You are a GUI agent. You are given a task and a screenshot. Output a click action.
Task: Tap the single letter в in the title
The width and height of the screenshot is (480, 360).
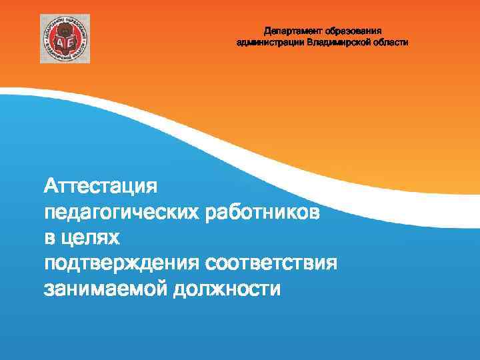click(49, 238)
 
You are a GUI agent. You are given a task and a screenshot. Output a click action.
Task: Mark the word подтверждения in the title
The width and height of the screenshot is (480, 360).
click(121, 264)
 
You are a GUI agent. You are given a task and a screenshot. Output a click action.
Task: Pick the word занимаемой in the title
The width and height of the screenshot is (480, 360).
click(103, 290)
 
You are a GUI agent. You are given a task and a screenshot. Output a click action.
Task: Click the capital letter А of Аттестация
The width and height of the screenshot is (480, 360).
click(51, 185)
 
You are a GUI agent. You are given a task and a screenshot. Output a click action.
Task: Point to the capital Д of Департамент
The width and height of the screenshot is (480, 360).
click(267, 31)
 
